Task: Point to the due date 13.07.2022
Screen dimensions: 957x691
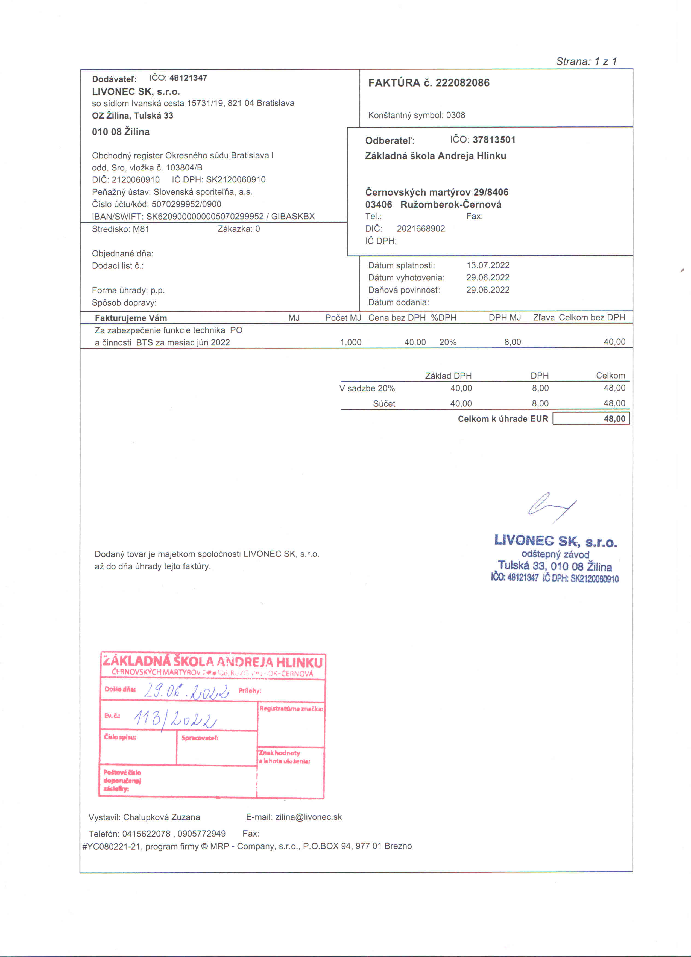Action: click(x=488, y=265)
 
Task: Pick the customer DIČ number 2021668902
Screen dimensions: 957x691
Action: click(x=421, y=229)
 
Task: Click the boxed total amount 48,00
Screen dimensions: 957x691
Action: click(x=614, y=419)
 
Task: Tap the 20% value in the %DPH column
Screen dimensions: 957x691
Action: click(x=448, y=342)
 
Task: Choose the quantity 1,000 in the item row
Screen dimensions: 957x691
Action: click(x=351, y=342)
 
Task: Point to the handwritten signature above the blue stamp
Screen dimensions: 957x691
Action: click(x=551, y=506)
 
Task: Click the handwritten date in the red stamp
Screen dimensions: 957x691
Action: click(x=186, y=691)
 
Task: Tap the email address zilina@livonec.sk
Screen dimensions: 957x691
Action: click(x=308, y=817)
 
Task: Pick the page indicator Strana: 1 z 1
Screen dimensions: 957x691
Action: click(x=586, y=62)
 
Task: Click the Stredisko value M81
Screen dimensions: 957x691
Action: click(x=141, y=229)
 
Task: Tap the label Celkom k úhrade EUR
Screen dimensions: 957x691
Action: click(x=503, y=419)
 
